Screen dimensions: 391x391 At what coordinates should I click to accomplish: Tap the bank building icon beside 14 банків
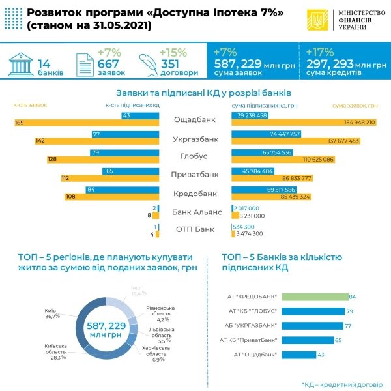pyautogui.click(x=20, y=65)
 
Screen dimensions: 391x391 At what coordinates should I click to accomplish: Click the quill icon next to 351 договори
pyautogui.click(x=149, y=65)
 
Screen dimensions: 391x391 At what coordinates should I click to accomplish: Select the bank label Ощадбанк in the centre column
pyautogui.click(x=195, y=119)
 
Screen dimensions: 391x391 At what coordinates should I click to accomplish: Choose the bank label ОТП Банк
pyautogui.click(x=195, y=229)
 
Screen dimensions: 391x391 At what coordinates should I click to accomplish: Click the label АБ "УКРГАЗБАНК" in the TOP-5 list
pyautogui.click(x=253, y=325)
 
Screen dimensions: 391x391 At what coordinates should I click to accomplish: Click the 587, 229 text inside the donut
pyautogui.click(x=106, y=325)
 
